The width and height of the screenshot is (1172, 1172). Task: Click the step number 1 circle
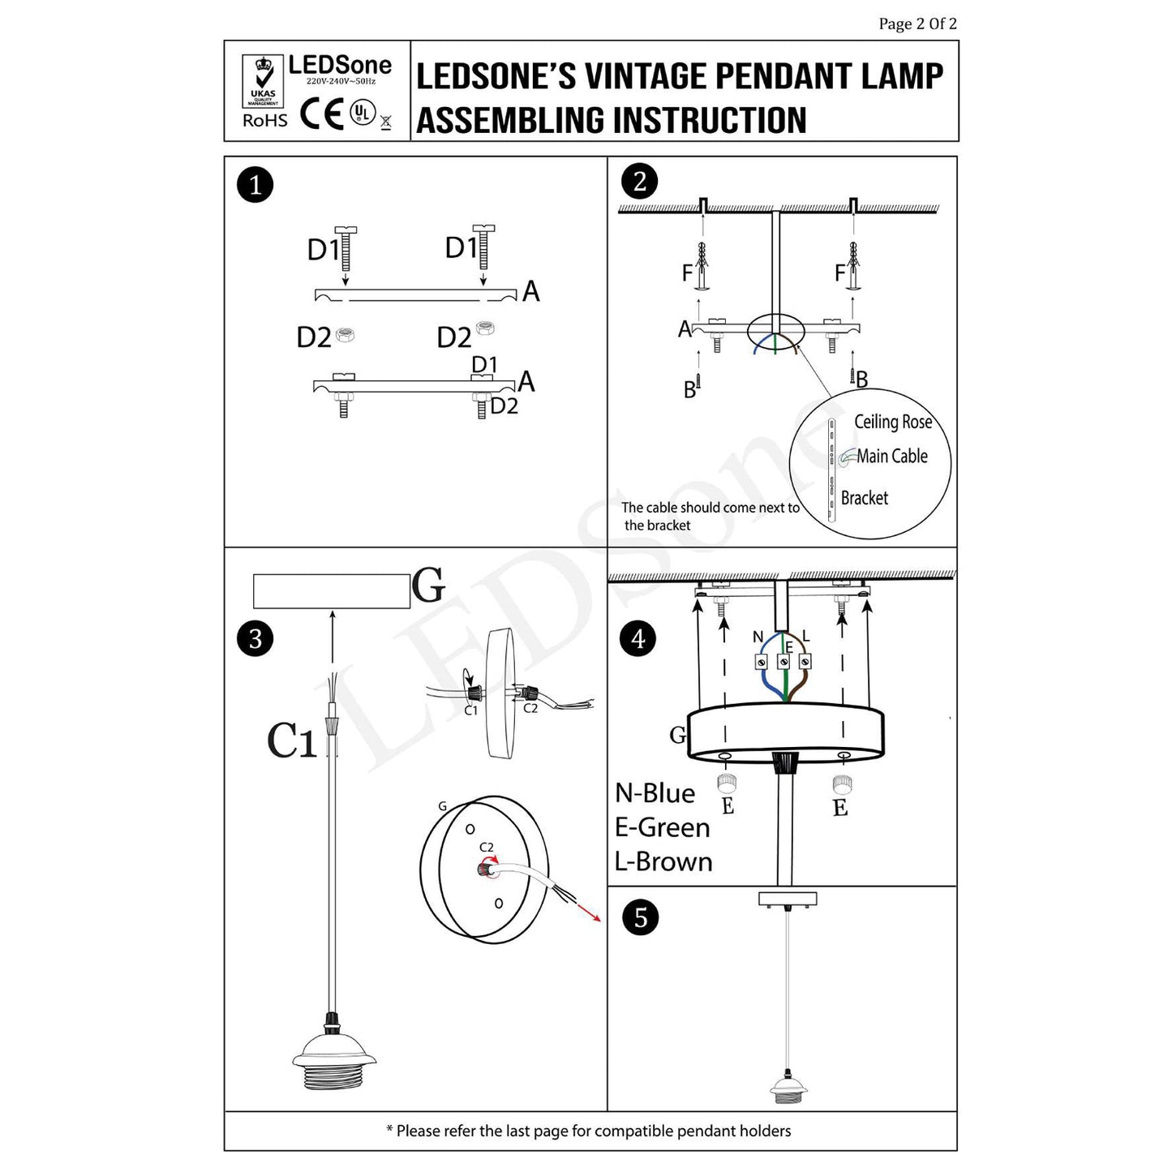point(255,186)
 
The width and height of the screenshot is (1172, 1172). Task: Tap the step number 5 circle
point(641,918)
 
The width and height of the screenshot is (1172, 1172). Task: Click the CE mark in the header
point(322,114)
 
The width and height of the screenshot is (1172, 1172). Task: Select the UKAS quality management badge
point(263,81)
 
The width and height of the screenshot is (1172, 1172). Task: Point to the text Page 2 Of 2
point(917,24)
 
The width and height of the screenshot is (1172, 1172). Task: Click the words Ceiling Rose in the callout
point(892,422)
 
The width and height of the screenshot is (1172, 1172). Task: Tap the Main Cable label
point(892,457)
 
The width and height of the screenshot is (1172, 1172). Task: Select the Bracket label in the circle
point(864,498)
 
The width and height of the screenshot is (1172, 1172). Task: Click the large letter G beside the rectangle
point(428,586)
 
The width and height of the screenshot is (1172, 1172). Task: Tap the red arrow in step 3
point(588,912)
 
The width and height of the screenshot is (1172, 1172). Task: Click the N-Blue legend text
point(655,793)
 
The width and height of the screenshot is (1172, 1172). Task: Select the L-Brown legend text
point(663,861)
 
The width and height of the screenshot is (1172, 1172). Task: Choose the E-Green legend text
point(662,827)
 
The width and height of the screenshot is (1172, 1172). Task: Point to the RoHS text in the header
point(265,121)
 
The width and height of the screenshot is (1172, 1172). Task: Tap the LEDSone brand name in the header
point(340,66)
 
